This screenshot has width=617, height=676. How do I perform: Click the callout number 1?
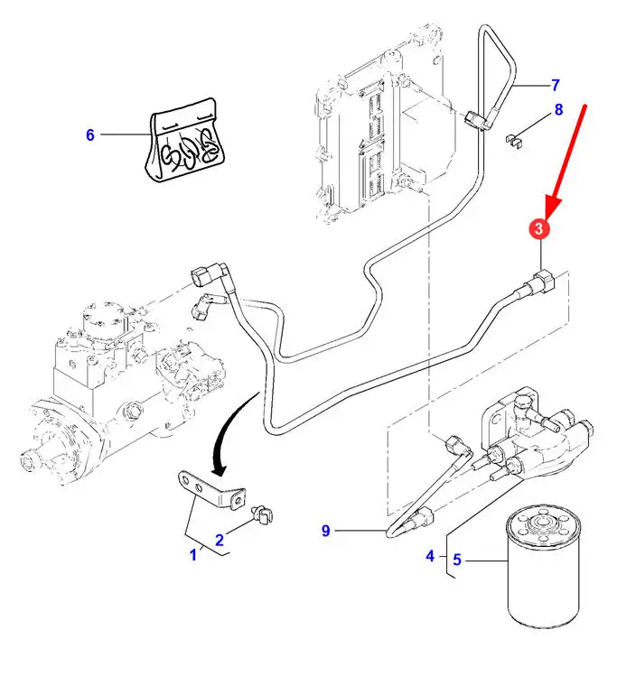(192, 555)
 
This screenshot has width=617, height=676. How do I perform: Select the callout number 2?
(219, 541)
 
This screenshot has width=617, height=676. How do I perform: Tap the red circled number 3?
(539, 229)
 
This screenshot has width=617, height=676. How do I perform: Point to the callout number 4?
(430, 556)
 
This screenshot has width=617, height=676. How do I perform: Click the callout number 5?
(457, 560)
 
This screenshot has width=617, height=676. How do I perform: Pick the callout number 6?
(89, 135)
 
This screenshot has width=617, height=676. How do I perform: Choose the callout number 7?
(556, 86)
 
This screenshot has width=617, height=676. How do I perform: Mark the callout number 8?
(558, 110)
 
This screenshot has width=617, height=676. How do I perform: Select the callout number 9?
(326, 531)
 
